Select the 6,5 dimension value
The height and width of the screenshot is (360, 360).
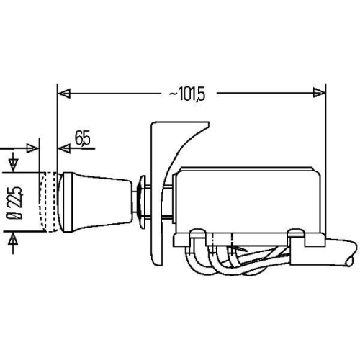tap(82, 138)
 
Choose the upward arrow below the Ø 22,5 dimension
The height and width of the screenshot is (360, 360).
tap(12, 240)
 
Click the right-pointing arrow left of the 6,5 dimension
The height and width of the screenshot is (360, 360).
tap(32, 148)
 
